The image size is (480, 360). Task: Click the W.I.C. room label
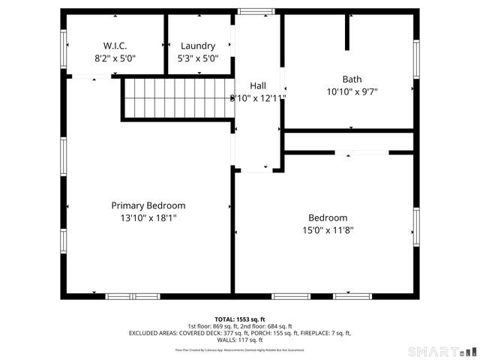115,45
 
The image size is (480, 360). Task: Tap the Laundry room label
197,45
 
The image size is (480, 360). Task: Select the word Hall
258,85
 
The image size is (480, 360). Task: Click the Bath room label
352,79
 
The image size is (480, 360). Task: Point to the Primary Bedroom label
148,205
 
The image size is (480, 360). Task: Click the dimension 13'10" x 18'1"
148,217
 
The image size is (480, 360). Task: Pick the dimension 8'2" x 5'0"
115,58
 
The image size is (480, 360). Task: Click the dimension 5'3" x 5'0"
197,58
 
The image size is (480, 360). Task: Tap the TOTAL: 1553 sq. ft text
239,319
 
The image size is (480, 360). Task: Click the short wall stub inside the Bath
347,32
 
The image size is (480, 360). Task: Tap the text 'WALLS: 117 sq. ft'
239,339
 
